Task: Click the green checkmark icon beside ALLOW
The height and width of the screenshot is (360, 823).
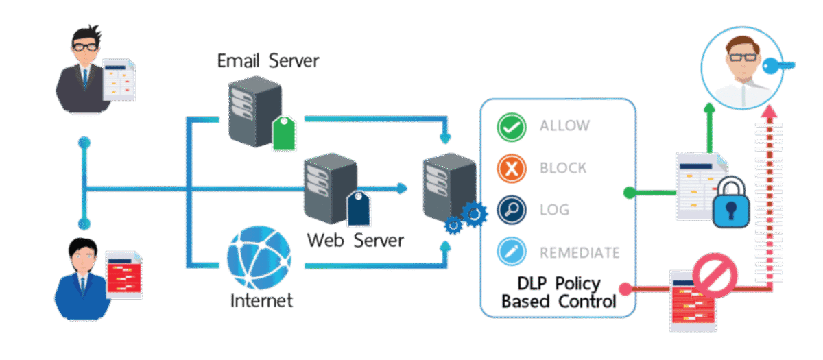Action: [512, 126]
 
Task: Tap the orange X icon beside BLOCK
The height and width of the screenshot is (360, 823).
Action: [512, 168]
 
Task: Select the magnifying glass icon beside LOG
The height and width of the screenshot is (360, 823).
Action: [512, 210]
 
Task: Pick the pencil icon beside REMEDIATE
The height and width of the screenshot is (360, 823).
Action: [512, 252]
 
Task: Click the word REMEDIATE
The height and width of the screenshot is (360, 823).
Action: [580, 252]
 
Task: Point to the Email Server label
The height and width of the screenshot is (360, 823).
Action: [267, 61]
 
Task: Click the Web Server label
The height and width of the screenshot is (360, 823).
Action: [355, 241]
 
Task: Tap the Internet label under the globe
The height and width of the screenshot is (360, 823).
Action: [261, 300]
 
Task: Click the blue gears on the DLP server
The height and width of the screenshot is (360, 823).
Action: [466, 218]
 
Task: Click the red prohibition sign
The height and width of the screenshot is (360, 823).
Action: [715, 275]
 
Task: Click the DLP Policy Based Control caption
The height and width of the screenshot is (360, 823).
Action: [558, 292]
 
